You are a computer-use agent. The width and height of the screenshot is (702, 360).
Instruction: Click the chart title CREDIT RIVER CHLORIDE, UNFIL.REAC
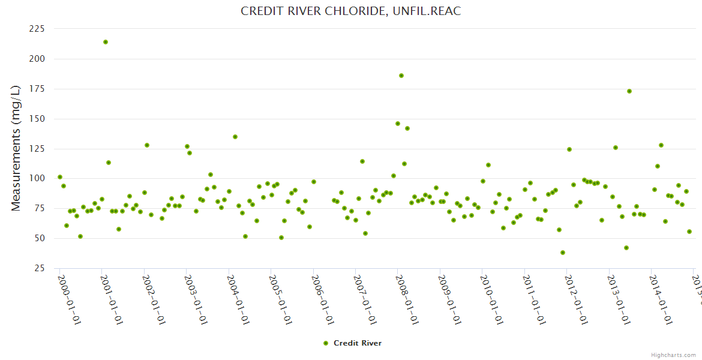[x=351, y=11]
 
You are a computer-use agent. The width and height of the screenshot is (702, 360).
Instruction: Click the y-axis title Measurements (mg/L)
[x=16, y=148]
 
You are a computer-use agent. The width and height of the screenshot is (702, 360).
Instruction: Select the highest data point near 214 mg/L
[x=106, y=42]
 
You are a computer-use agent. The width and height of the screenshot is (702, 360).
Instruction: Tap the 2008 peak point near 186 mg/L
[x=401, y=76]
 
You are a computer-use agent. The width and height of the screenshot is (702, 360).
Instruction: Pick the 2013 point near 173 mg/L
[x=629, y=91]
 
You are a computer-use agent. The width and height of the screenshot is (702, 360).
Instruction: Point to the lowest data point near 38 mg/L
[x=563, y=253]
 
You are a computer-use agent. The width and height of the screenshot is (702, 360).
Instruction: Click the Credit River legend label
[x=358, y=343]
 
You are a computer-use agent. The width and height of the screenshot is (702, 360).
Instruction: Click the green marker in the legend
[x=326, y=343]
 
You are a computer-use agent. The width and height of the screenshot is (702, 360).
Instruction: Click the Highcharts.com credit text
[x=673, y=355]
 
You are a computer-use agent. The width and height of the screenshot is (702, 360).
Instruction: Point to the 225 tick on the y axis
[x=37, y=29]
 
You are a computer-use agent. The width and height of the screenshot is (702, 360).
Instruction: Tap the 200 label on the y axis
[x=37, y=59]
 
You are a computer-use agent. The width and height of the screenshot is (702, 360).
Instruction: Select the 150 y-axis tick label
[x=37, y=119]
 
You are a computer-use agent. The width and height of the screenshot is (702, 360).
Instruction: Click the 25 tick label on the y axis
[x=39, y=268]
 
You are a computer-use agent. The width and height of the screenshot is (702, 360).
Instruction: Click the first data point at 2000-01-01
[x=60, y=177]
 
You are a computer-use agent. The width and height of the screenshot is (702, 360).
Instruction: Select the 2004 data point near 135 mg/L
[x=235, y=137]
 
